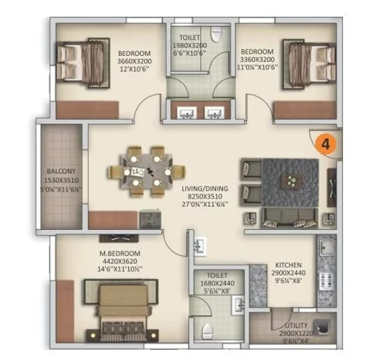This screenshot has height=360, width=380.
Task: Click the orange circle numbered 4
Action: pyautogui.click(x=326, y=144)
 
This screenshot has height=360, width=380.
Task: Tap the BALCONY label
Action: pyautogui.click(x=61, y=171)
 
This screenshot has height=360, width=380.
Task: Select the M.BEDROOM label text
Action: pyautogui.click(x=120, y=254)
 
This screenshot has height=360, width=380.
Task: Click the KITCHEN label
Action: pyautogui.click(x=288, y=265)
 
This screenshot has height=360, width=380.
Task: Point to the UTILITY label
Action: pyautogui.click(x=296, y=326)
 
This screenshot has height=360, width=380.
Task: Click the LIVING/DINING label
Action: pyautogui.click(x=205, y=188)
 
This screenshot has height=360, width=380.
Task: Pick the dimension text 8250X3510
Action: pyautogui.click(x=205, y=196)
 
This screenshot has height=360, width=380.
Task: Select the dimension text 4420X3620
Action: pyautogui.click(x=120, y=261)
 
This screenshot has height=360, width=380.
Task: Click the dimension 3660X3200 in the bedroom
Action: pyautogui.click(x=134, y=61)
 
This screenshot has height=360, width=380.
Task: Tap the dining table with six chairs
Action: pyautogui.click(x=146, y=171)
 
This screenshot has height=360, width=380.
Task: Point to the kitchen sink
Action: pyautogui.click(x=326, y=247)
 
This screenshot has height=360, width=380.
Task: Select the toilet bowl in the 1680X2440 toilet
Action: pyautogui.click(x=207, y=331)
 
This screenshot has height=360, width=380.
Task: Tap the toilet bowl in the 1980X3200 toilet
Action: pyautogui.click(x=216, y=34)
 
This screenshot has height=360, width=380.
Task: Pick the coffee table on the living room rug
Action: pyautogui.click(x=292, y=181)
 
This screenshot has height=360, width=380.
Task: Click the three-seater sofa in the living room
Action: pyautogui.click(x=289, y=218)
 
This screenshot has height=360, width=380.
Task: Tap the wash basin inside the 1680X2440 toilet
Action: pyautogui.click(x=237, y=306)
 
